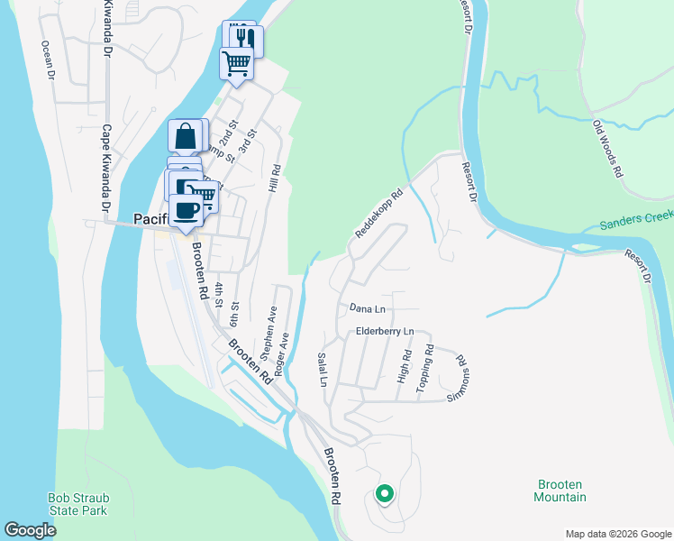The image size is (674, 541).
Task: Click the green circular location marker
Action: (x=384, y=493)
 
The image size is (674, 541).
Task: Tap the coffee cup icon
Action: (x=187, y=211)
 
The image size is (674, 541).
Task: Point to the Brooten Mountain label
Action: (x=560, y=491)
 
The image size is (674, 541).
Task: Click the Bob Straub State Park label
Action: (x=77, y=504)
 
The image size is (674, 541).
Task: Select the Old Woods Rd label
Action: (x=608, y=148)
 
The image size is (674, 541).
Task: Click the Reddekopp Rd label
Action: (x=378, y=214)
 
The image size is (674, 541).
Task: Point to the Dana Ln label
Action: (x=368, y=309)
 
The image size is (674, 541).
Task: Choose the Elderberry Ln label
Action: (x=384, y=332)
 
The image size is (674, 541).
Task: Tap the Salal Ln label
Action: (x=322, y=370)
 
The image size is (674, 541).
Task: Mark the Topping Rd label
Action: (x=424, y=369)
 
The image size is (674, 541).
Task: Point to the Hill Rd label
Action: (x=276, y=178)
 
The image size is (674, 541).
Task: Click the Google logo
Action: (x=31, y=529)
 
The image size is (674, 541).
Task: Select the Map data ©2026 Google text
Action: (x=617, y=533)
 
